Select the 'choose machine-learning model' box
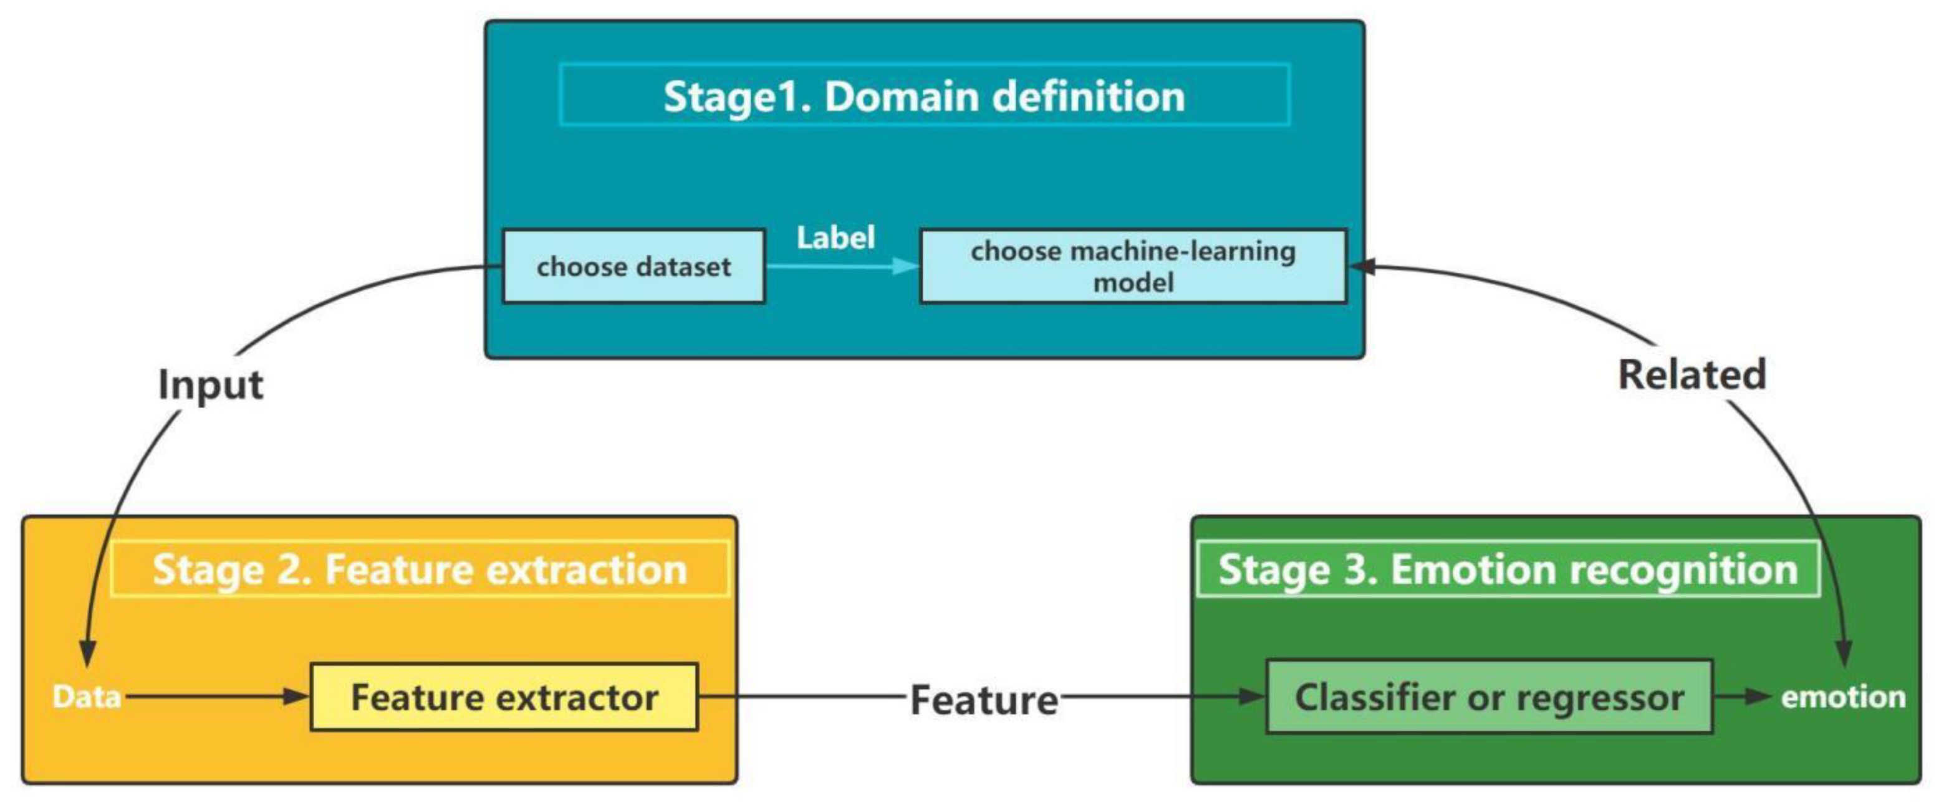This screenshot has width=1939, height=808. pos(1133,267)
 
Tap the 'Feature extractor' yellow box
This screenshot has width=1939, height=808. pos(504,697)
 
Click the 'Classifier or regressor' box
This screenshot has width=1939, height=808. pos(1489,697)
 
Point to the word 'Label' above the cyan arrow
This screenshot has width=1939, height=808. pos(835,238)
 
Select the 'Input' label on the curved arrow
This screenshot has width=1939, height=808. pos(210,385)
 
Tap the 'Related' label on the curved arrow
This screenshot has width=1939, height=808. pos(1691,374)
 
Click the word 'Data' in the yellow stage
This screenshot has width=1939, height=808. pos(87,697)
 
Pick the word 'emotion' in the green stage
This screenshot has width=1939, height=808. pos(1842,697)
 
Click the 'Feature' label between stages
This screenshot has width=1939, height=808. pos(984,700)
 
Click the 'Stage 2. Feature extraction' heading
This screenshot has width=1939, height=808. pos(419,569)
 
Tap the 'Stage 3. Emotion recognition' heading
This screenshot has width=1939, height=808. pos(1508,569)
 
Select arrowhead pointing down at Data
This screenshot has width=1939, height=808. pos(87,653)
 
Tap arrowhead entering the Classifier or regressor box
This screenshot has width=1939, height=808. pos(1251,696)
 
